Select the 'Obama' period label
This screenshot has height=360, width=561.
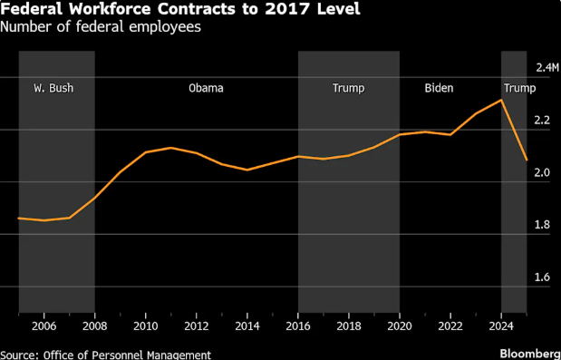click(x=205, y=89)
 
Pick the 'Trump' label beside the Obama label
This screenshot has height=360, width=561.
click(x=348, y=89)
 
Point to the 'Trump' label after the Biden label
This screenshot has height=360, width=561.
click(x=519, y=89)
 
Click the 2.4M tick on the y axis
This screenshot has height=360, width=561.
click(x=547, y=68)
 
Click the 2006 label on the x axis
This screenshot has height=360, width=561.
click(x=44, y=326)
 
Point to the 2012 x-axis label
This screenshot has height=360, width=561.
click(x=197, y=326)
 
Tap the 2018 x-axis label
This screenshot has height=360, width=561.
click(x=349, y=326)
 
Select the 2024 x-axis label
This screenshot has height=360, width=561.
click(x=501, y=326)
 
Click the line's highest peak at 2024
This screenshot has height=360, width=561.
click(x=501, y=100)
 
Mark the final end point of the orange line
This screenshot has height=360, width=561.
click(x=527, y=160)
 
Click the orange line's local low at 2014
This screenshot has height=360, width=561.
click(x=247, y=170)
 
